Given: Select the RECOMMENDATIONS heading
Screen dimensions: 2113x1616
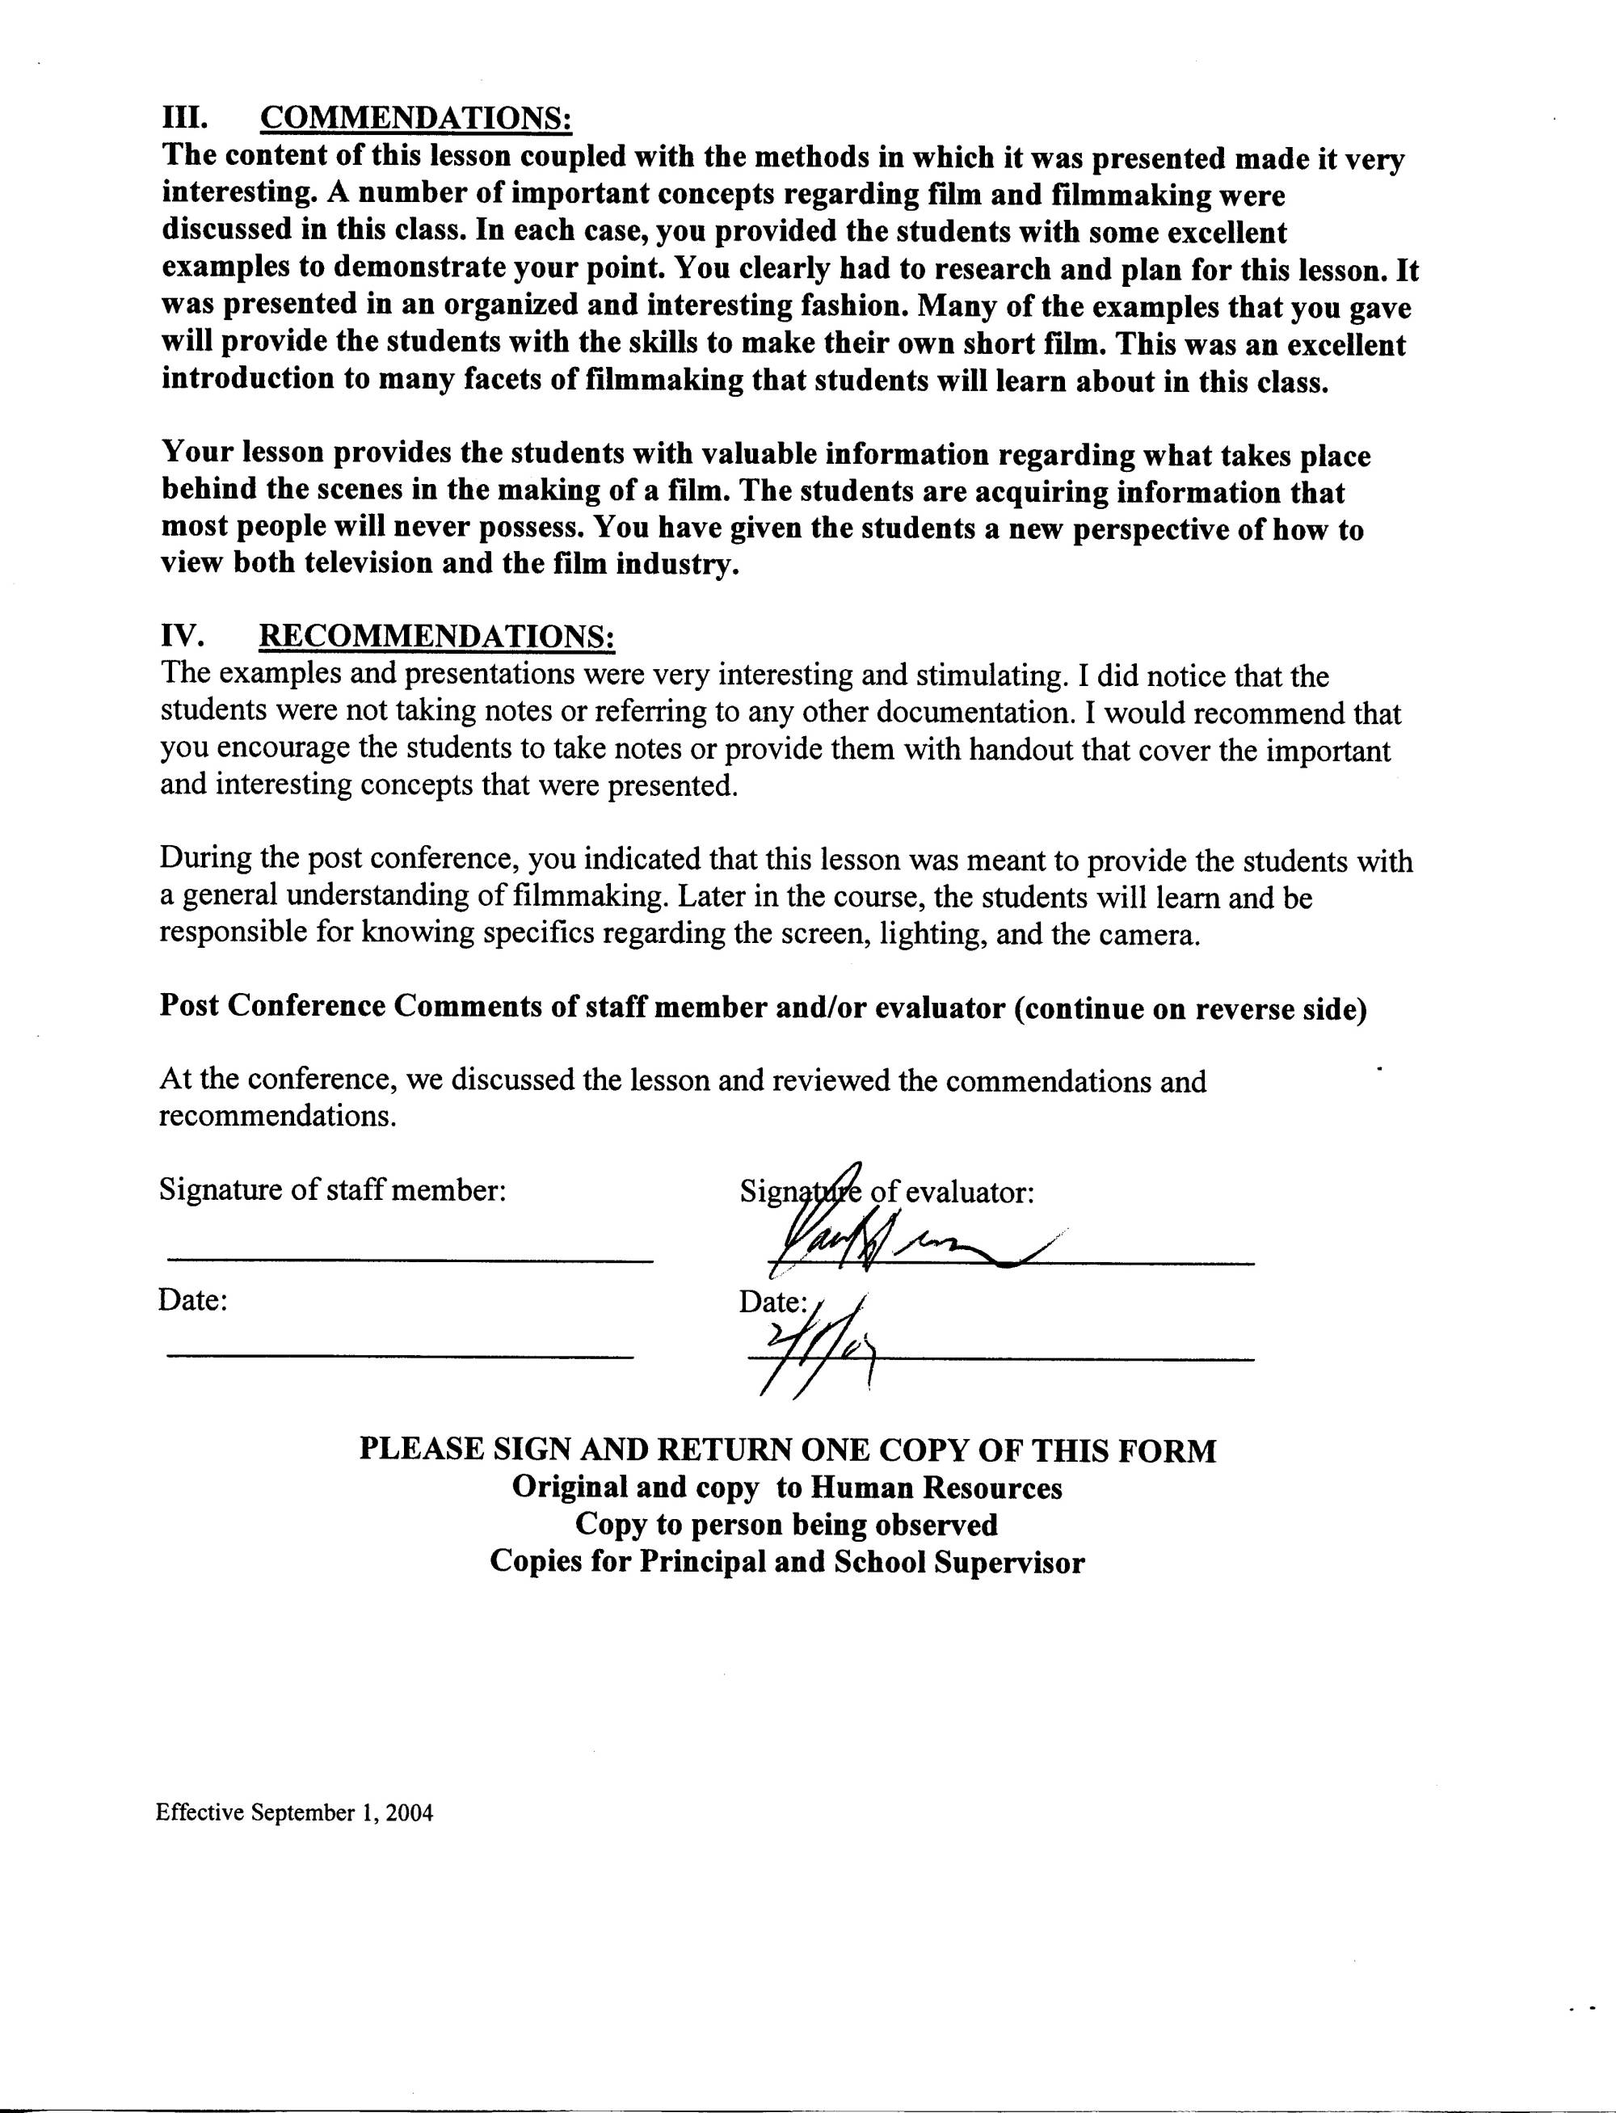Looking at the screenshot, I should coord(438,636).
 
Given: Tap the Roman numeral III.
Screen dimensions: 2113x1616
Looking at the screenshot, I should coord(185,118).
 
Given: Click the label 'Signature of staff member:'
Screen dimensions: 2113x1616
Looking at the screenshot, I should coord(332,1191).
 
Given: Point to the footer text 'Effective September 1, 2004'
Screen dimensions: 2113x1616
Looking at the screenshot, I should coord(294,1813).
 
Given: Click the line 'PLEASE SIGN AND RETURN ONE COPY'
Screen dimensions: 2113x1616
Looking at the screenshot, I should coord(788,1450).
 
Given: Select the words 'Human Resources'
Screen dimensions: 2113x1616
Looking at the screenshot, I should coord(936,1487).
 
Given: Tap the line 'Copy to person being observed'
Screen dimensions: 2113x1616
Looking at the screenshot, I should coord(786,1525).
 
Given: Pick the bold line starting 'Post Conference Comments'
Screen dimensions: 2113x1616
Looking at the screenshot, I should coord(763,1007).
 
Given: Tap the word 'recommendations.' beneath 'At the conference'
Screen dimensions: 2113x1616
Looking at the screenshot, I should coord(278,1117).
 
